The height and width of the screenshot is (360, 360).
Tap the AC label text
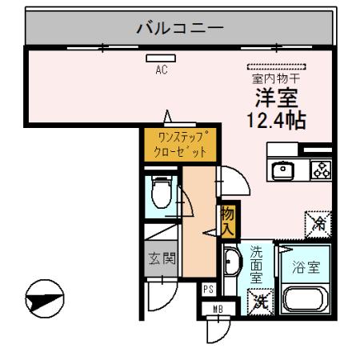(161, 70)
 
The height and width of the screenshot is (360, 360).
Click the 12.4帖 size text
(277, 125)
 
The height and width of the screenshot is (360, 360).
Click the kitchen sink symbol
(282, 170)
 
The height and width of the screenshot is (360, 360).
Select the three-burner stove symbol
(320, 170)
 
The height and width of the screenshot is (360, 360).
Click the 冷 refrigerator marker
(318, 222)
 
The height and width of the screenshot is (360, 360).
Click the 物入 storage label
(227, 220)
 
